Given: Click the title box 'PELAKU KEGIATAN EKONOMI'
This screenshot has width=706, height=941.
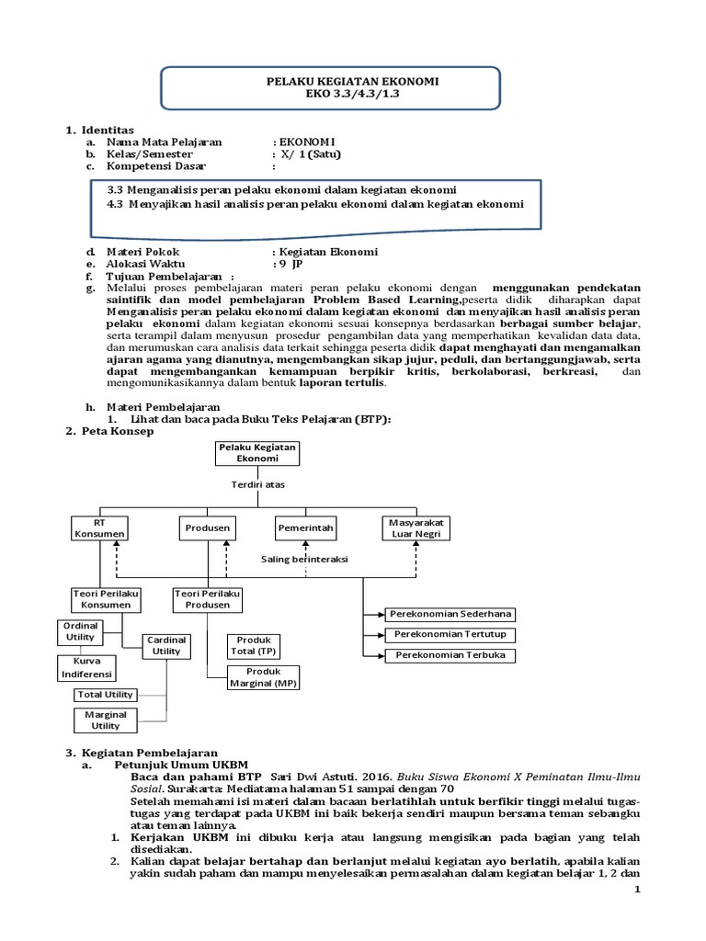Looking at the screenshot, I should click(352, 87).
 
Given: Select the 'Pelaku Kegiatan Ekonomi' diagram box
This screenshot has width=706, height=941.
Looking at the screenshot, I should click(250, 453).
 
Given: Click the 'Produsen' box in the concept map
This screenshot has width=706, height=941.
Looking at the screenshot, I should click(207, 527).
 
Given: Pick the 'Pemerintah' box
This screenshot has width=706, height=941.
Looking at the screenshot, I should click(305, 527).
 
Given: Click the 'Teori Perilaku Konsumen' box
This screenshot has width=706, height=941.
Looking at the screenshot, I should click(105, 600).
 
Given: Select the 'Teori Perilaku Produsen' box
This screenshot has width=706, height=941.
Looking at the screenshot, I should click(206, 600).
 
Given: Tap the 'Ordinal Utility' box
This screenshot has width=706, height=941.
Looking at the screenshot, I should click(81, 631).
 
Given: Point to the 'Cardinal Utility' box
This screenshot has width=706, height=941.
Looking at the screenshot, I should click(166, 645).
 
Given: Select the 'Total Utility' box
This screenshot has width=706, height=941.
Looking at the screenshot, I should click(105, 695).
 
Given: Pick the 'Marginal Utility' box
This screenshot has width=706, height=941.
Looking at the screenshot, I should click(106, 720).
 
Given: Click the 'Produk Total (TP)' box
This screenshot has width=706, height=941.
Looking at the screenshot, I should click(254, 645).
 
